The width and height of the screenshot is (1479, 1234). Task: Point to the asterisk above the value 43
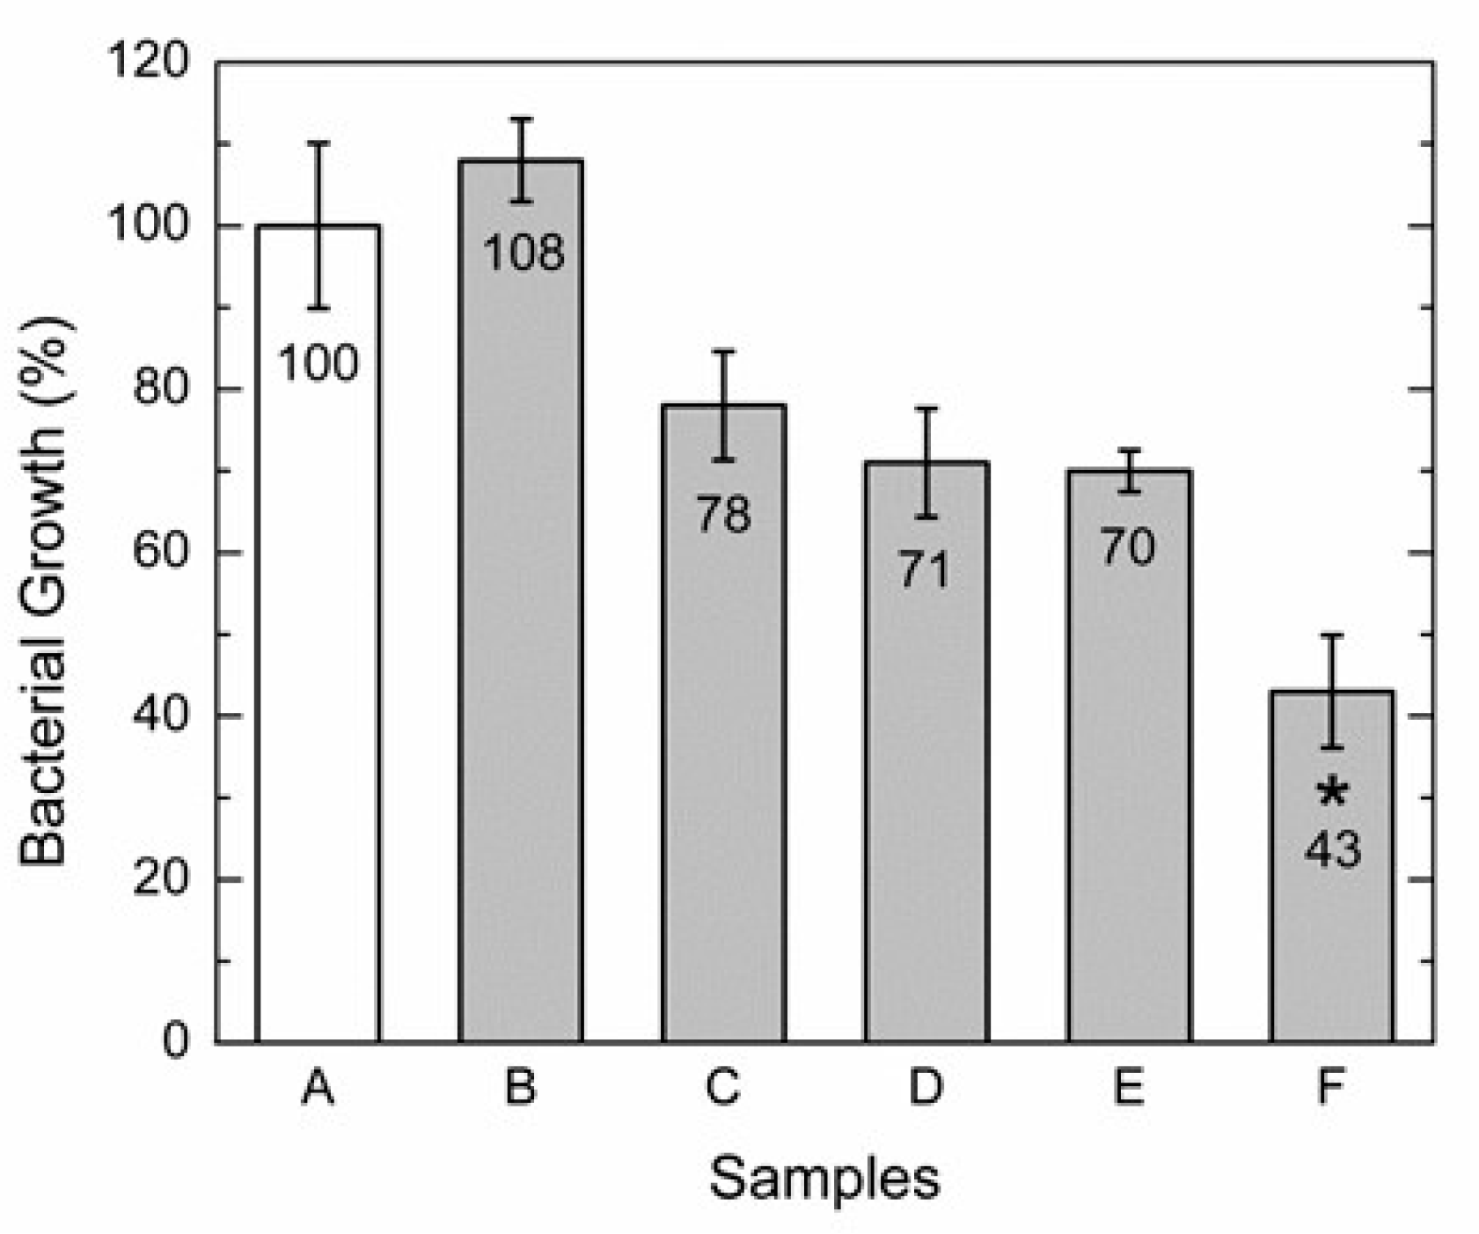tap(1332, 793)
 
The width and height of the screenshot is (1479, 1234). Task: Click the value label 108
tap(524, 253)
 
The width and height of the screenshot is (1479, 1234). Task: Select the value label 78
tap(723, 514)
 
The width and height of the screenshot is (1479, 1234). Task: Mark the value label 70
tap(1128, 547)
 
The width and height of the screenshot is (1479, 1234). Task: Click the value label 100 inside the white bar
tap(318, 364)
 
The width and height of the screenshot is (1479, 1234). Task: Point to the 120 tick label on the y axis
tap(147, 63)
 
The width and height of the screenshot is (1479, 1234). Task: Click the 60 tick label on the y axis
tap(160, 553)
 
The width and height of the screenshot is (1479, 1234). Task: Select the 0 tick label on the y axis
tap(175, 1042)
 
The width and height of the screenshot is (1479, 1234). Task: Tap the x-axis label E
tap(1128, 1088)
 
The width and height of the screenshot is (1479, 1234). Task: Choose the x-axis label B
tap(520, 1088)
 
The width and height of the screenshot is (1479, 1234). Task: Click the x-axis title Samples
tap(824, 1178)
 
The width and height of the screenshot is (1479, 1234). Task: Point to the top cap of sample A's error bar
tap(318, 142)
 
